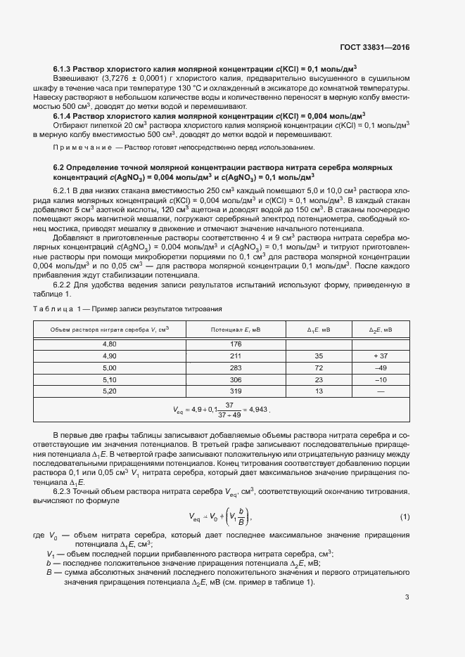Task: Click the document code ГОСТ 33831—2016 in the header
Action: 375,48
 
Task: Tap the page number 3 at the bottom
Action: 407,597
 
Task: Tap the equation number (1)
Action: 405,517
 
